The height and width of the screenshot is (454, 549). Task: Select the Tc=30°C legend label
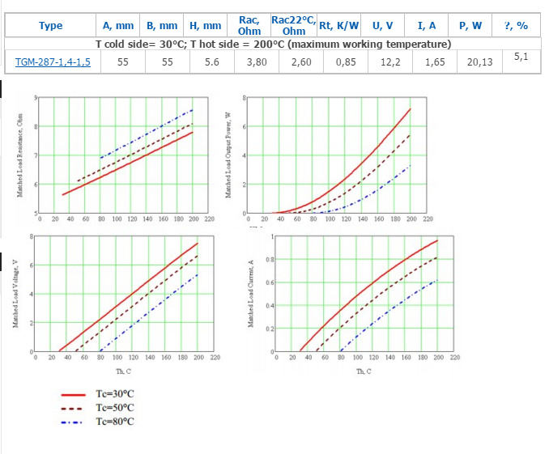115,394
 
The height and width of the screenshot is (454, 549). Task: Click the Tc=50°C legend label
115,408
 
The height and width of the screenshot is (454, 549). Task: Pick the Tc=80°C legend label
115,422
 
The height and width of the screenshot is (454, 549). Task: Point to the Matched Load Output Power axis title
228,155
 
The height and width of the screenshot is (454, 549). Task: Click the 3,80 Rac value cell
249,62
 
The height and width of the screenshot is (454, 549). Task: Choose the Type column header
51,26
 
